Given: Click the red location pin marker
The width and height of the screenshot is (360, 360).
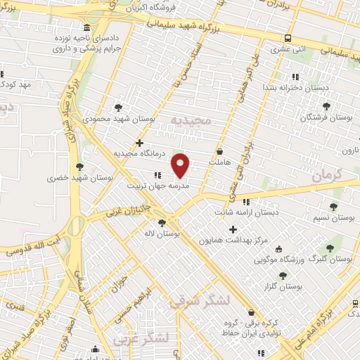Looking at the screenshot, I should [x=181, y=164].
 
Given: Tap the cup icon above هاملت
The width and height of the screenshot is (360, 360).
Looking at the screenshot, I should [x=220, y=151].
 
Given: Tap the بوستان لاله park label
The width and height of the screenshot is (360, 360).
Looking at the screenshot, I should [x=162, y=233].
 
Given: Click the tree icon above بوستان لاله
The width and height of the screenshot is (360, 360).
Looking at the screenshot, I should [x=162, y=223].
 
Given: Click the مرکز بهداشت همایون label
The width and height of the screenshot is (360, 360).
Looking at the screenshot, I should [x=233, y=241].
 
